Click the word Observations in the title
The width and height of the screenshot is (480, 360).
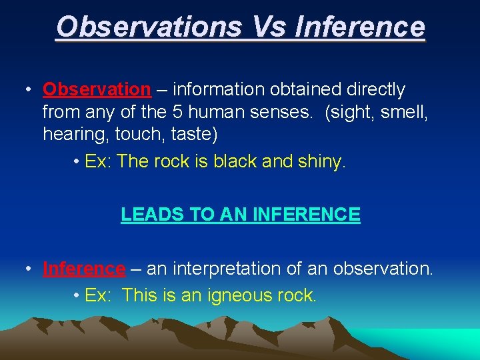pos(148,27)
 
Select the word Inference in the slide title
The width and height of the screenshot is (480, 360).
pos(359,27)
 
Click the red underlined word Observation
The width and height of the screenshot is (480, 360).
pos(97,89)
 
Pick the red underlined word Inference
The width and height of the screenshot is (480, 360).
pos(84,269)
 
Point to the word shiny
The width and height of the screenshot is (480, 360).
pos(322,162)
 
